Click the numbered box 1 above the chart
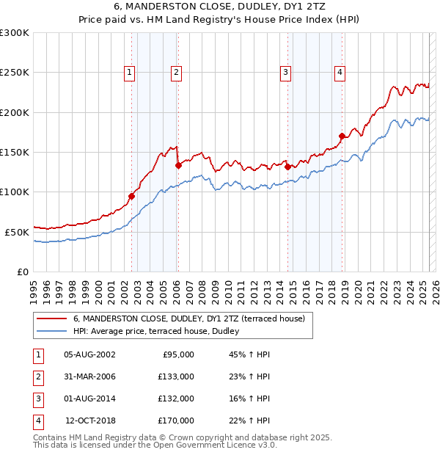click(129, 72)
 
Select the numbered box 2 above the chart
click(177, 72)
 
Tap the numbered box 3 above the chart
click(285, 72)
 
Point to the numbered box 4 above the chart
click(340, 72)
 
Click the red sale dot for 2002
click(131, 196)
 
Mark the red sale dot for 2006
click(178, 166)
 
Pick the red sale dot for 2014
click(287, 167)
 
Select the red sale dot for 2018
click(342, 136)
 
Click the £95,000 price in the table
click(177, 354)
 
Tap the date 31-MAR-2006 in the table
click(89, 376)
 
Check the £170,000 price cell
click(177, 421)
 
